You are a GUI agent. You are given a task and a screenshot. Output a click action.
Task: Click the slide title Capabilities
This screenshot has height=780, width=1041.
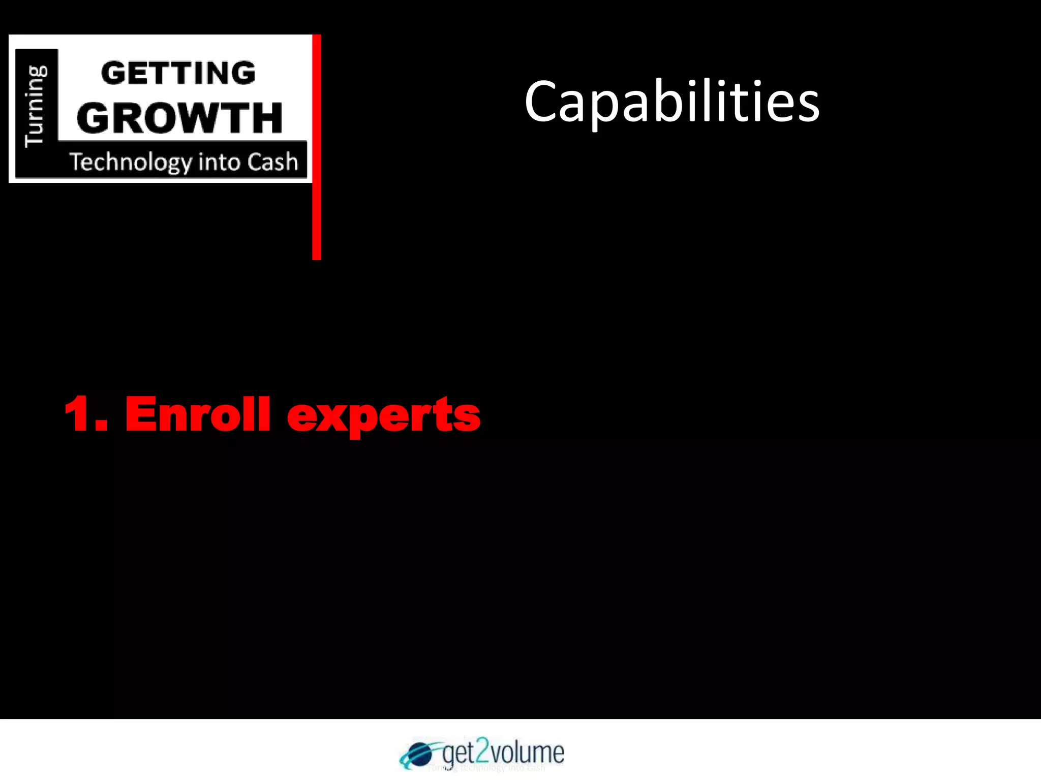(x=671, y=102)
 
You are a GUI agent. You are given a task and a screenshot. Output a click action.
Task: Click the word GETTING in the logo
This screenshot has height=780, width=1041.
(x=178, y=73)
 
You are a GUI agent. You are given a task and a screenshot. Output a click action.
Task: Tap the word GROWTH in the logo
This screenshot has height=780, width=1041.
(x=179, y=118)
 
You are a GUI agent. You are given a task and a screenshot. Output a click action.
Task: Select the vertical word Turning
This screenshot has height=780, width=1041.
(x=36, y=106)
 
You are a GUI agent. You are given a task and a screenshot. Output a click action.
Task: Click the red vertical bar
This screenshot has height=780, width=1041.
(x=317, y=147)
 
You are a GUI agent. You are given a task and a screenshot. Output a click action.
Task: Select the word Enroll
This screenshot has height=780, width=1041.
(x=197, y=414)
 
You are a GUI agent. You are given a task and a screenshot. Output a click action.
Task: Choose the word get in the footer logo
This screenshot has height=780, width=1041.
(x=457, y=753)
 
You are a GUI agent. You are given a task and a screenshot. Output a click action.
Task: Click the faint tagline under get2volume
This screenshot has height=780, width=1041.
(x=486, y=768)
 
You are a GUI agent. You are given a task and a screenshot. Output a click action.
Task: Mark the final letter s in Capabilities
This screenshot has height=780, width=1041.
(x=808, y=106)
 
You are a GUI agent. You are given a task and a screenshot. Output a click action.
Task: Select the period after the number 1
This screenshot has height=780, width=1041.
(x=101, y=427)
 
